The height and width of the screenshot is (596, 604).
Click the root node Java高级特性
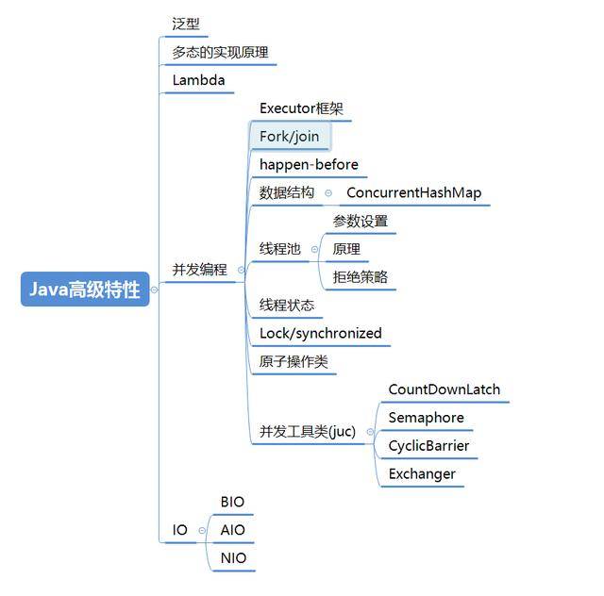click(x=85, y=290)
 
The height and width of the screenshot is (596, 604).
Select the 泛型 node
click(x=186, y=24)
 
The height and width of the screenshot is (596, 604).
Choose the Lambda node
click(x=198, y=80)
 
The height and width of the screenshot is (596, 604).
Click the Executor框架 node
click(x=301, y=108)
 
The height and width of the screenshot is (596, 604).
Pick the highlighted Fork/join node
click(x=290, y=137)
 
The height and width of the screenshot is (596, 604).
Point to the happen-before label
click(x=309, y=165)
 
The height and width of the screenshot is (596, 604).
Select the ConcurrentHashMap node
click(x=413, y=192)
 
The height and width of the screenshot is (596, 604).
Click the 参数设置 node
click(x=361, y=221)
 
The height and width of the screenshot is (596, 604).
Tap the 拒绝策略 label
click(x=361, y=277)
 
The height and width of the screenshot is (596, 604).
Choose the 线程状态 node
click(x=287, y=306)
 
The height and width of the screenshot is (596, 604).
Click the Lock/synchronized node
click(x=321, y=333)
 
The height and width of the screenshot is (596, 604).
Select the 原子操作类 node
click(x=294, y=361)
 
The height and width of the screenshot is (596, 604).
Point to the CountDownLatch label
click(x=445, y=389)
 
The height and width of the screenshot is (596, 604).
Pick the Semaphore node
click(x=427, y=418)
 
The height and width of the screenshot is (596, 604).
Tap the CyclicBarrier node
click(x=428, y=445)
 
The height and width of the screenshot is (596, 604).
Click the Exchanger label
click(x=422, y=473)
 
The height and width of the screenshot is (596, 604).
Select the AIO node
click(x=232, y=530)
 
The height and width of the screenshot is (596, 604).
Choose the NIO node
click(x=233, y=558)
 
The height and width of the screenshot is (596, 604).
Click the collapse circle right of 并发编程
click(x=241, y=270)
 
